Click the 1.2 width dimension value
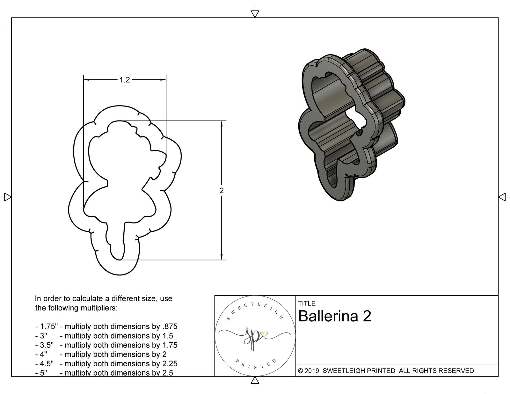click(125, 80)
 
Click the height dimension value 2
click(222, 191)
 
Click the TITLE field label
click(307, 303)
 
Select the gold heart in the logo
click(264, 335)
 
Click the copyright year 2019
click(312, 371)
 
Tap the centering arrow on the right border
click(503, 197)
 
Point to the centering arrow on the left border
click(7, 197)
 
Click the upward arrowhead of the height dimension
click(222, 124)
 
